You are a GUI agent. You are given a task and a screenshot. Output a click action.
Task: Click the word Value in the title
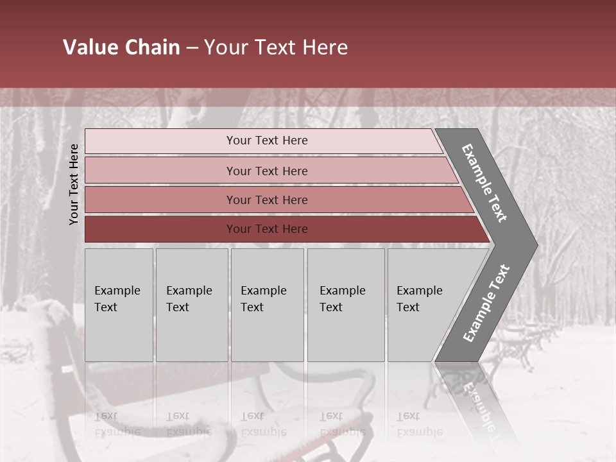[x=89, y=47]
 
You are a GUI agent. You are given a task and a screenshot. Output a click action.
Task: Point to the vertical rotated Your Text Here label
[x=74, y=184]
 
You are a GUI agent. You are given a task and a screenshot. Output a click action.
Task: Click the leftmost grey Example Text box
[x=119, y=305]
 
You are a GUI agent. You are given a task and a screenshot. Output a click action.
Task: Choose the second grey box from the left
[x=192, y=305]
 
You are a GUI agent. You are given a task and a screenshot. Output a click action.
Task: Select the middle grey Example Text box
[x=267, y=305]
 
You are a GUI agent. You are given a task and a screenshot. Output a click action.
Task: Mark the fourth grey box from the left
[x=346, y=305]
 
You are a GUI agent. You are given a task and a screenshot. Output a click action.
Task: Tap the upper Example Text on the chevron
[x=484, y=183]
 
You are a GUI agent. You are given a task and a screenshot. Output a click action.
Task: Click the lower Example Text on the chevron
[x=486, y=303]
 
